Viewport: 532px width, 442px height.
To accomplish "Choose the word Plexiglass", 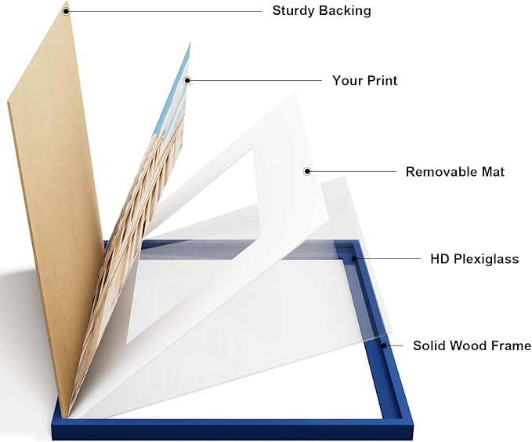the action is click(x=487, y=259).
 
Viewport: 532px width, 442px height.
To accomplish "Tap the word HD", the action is click(x=440, y=259).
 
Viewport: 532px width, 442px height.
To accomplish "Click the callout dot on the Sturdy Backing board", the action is click(x=66, y=11).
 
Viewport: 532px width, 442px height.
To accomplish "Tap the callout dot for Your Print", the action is click(x=187, y=81).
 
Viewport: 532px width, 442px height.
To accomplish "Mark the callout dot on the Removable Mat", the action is click(x=307, y=171).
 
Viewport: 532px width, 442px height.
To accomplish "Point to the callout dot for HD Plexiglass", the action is click(x=354, y=259).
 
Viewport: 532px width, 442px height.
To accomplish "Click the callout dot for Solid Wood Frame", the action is click(x=384, y=345).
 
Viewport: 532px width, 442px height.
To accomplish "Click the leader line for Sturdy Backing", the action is click(x=165, y=11).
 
